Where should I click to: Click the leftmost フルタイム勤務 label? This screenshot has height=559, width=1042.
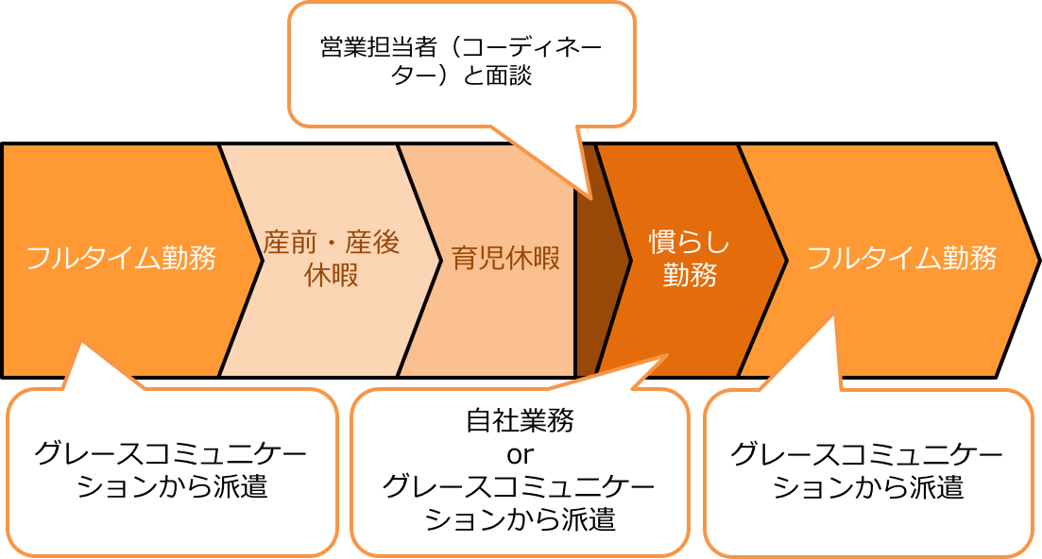click(x=121, y=258)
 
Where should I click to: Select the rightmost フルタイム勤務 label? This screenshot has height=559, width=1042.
click(x=901, y=258)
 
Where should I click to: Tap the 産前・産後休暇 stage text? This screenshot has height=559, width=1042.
click(x=332, y=259)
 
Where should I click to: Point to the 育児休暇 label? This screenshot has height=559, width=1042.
click(x=505, y=259)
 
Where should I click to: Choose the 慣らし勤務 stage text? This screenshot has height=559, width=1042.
click(x=690, y=259)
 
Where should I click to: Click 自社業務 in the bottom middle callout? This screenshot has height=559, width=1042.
click(x=520, y=421)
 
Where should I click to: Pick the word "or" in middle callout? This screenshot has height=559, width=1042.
click(x=520, y=454)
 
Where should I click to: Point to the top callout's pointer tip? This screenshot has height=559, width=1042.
click(x=590, y=197)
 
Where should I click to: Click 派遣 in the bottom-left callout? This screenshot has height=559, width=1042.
click(x=241, y=487)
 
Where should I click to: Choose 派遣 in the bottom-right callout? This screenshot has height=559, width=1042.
click(x=937, y=487)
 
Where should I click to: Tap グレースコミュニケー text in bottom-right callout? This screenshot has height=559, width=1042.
click(x=866, y=454)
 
